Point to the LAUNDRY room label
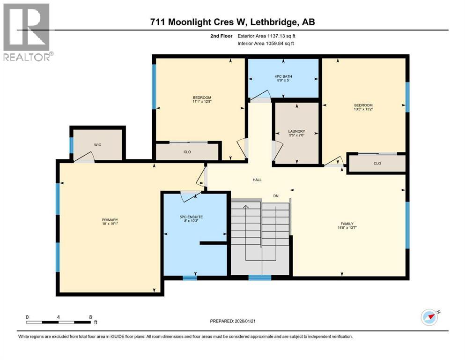[296, 131]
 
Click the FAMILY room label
[347, 224]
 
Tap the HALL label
[257, 180]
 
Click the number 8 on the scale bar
[90, 317]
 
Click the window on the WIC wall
[72, 145]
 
